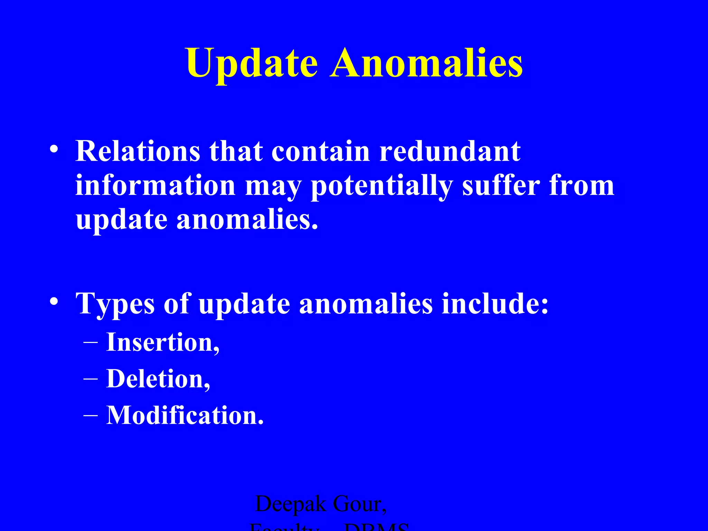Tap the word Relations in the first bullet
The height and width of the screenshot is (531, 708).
138,151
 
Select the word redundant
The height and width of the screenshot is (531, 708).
450,151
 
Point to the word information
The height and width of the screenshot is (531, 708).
156,186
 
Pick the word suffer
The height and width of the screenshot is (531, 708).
501,186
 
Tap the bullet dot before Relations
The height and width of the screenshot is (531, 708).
54,149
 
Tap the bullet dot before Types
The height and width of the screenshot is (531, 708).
54,302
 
